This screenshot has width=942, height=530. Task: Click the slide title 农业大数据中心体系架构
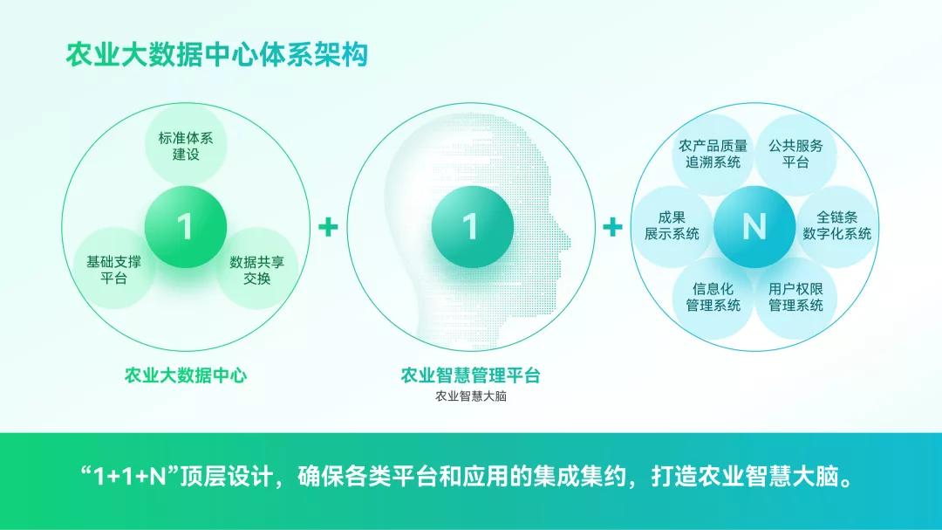216,54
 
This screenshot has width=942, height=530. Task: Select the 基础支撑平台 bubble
114,270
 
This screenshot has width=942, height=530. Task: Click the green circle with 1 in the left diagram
185,227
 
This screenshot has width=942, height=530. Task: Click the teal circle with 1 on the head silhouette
470,227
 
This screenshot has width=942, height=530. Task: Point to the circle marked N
754,227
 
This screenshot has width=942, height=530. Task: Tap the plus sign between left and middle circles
328,228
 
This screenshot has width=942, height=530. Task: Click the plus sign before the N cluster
613,228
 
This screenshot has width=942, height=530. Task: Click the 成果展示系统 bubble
672,225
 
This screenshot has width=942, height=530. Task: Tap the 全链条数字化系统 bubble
836,225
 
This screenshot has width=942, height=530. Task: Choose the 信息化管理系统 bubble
713,297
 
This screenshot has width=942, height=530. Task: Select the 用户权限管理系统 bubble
795,297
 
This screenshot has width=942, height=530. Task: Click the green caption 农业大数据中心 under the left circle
186,375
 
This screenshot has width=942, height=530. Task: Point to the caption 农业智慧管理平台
470,375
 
